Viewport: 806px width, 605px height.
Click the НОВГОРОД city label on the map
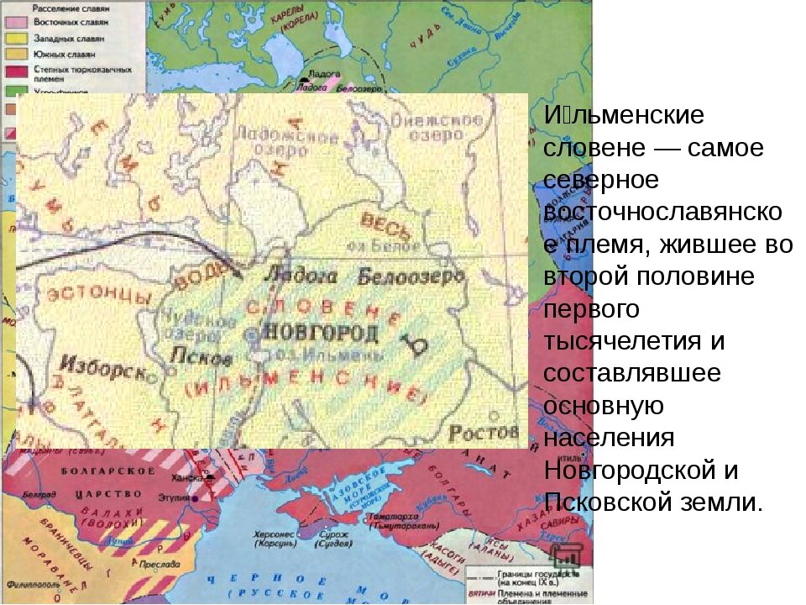321,332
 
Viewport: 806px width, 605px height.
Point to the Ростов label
484,433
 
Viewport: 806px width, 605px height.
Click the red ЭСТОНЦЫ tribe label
99,296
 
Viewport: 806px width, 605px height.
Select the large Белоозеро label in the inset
411,276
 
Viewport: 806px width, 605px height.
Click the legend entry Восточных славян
71,24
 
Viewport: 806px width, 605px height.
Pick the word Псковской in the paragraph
612,502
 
